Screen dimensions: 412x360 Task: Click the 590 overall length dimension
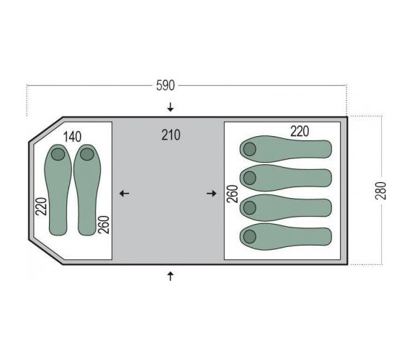[x=165, y=86]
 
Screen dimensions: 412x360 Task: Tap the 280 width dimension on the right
[x=381, y=190]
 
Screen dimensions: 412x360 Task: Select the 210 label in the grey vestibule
[x=171, y=135]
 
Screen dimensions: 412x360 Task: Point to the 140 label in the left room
[x=72, y=137]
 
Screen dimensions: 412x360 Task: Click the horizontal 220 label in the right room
[x=300, y=131]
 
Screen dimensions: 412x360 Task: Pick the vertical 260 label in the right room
[x=232, y=194]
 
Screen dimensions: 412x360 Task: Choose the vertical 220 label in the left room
[x=41, y=207]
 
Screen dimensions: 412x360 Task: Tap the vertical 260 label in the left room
[x=104, y=225]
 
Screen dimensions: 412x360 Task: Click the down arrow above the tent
[x=171, y=107]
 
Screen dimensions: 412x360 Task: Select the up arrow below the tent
[x=171, y=276]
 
